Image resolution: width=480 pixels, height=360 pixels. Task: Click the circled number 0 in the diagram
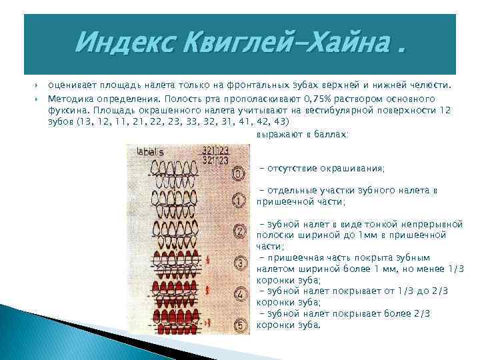[x=238, y=174]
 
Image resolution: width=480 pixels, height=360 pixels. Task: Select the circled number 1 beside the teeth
[x=238, y=199]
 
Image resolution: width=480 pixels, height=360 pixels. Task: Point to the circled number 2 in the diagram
[x=238, y=231]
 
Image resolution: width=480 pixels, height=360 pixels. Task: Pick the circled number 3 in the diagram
[x=238, y=263]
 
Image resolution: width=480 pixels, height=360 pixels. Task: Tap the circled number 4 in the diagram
[x=238, y=293]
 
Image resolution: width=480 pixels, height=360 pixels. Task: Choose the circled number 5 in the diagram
[x=238, y=325]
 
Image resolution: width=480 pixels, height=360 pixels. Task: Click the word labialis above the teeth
[x=150, y=152]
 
